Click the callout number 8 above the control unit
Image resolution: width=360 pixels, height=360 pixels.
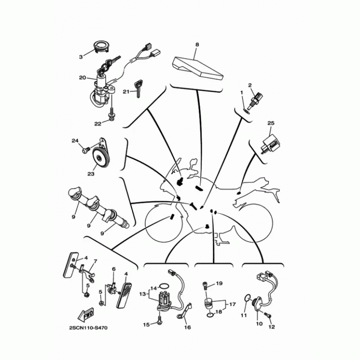[197, 45]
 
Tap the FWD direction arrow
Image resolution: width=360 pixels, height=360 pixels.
[86, 315]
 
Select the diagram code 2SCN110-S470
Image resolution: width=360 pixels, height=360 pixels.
[88, 328]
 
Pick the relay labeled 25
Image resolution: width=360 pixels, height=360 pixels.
[271, 144]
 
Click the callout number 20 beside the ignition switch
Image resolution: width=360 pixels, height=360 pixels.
[82, 78]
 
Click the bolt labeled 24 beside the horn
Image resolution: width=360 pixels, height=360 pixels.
[85, 150]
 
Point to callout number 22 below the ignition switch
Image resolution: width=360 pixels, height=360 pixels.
[98, 124]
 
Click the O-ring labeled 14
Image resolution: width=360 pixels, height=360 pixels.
[164, 286]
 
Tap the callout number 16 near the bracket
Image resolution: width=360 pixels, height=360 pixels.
[188, 328]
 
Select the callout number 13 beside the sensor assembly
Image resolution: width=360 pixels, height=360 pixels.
[143, 294]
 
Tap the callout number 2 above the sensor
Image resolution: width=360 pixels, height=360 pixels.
[250, 85]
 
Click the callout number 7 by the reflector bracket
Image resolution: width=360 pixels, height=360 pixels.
[95, 261]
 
